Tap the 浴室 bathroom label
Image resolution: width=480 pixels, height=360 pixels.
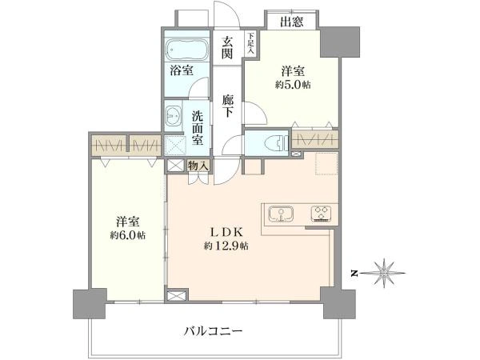coord(181,70)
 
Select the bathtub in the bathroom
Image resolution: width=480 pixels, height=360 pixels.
coord(187,48)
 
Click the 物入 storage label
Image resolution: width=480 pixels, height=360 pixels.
coord(198,166)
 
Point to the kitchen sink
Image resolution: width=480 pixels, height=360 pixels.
coord(282,214)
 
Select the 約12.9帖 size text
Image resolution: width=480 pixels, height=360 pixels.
coord(226,246)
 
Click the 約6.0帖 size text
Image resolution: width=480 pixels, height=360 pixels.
coord(129,235)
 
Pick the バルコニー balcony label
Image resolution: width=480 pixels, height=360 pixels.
coord(213,330)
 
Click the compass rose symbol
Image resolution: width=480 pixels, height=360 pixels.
coord(386,273)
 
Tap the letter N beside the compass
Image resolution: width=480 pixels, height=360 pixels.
coord(354,274)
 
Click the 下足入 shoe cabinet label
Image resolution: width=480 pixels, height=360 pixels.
coord(250,42)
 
